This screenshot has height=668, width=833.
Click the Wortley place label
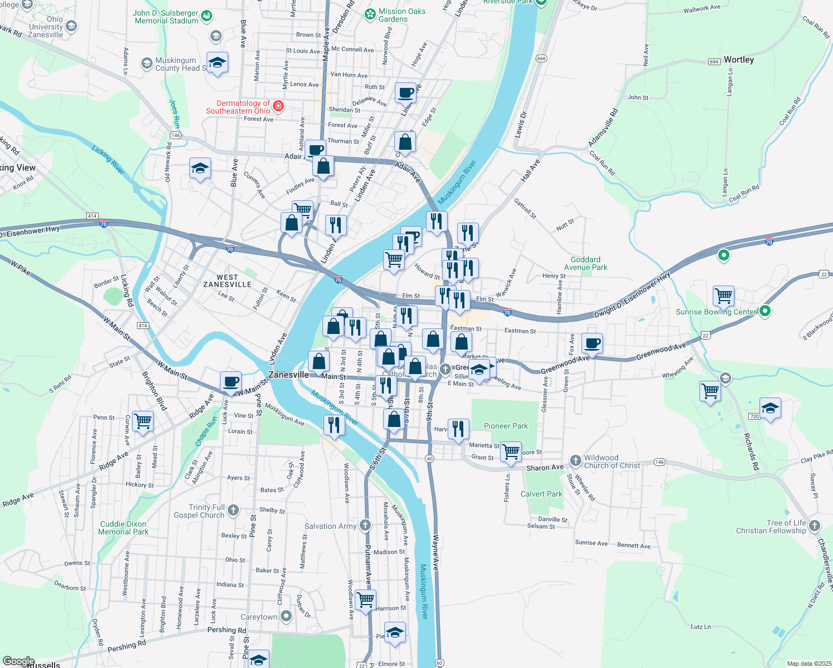738,60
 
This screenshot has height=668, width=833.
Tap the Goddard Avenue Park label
585,263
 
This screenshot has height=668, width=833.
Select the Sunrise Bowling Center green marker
765,311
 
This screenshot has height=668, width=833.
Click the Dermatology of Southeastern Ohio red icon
278,106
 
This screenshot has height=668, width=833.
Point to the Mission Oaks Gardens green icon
370,14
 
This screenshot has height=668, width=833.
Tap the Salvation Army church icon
365,525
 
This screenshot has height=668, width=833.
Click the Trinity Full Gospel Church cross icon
233,510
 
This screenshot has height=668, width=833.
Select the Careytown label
259,617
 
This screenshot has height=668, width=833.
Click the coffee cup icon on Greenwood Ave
592,343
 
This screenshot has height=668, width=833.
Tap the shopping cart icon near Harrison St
365,600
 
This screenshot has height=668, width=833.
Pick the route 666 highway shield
541,58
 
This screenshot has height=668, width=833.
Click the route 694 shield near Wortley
714,62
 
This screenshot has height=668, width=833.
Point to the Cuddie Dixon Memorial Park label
123,528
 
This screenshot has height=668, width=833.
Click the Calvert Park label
541,494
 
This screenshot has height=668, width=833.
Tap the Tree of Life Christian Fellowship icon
815,525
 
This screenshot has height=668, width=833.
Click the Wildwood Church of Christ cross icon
575,460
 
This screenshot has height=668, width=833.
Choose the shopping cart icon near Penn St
143,421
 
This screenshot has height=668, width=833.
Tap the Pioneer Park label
506,426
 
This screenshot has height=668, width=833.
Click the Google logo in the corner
18,661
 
